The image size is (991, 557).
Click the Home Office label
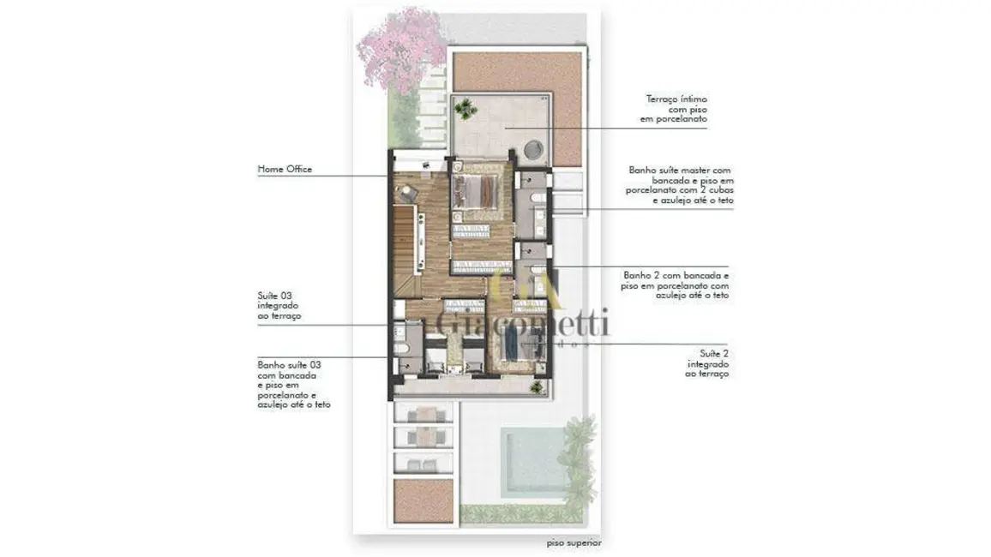[x=285, y=170]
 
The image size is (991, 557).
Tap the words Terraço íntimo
[x=677, y=99]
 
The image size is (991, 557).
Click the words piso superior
[x=574, y=543]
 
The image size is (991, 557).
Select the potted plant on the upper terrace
[x=465, y=109]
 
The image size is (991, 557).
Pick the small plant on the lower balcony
[x=537, y=388]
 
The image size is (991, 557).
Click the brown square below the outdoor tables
[x=423, y=500]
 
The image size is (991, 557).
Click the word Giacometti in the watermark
[x=523, y=324]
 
